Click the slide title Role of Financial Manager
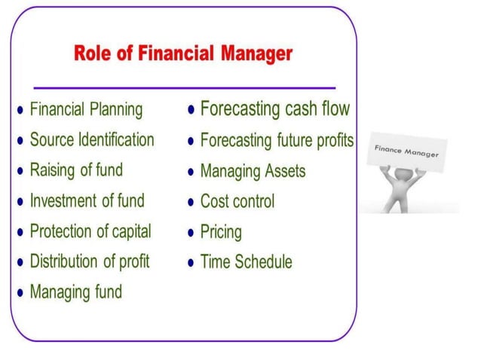coord(183,53)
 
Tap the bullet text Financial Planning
coord(86,110)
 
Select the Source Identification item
coord(92,140)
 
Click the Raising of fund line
coord(75,170)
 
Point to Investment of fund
coord(87,201)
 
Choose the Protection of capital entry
coord(90,231)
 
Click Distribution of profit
coord(90,261)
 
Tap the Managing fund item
coord(75,292)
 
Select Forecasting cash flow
coord(274,109)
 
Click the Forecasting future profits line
coord(277,140)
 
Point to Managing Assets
coord(253,171)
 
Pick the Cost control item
coord(237,201)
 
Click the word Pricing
coord(221,232)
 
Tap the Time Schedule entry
coord(246,262)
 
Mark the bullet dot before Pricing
coord(192,232)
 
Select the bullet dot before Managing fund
coord(20,292)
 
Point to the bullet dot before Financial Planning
coord(20,111)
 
